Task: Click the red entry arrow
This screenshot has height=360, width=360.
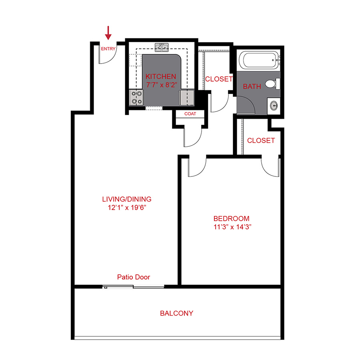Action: [x=108, y=32]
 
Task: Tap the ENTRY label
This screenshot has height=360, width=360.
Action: [x=108, y=49]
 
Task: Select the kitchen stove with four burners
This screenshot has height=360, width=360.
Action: [x=136, y=97]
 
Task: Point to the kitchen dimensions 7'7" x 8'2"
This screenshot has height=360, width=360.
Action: [x=161, y=84]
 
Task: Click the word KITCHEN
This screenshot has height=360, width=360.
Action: [x=161, y=76]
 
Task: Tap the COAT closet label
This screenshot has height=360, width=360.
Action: [x=190, y=114]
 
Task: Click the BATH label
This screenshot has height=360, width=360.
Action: [x=252, y=86]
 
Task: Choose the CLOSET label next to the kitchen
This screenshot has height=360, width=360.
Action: [x=218, y=79]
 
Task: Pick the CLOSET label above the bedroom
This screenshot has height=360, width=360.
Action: [x=261, y=140]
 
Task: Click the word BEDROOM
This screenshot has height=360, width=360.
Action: [x=231, y=219]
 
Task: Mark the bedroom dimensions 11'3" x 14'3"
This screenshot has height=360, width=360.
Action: [x=232, y=227]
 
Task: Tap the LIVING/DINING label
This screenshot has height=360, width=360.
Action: [x=127, y=199]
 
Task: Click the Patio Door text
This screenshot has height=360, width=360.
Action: [x=134, y=277]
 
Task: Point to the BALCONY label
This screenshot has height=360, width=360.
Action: [x=176, y=313]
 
